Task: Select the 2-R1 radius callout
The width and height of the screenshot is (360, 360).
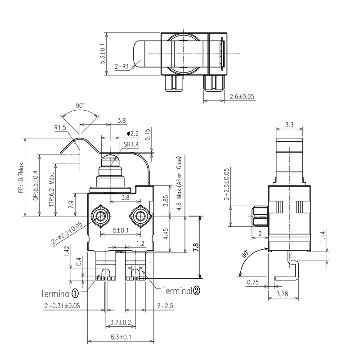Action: click(122, 67)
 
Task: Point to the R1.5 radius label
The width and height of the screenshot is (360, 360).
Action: click(60, 128)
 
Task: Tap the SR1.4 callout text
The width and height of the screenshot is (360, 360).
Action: click(130, 144)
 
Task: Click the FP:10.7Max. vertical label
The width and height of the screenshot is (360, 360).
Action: click(21, 178)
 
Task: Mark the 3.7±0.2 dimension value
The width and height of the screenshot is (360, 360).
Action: click(120, 322)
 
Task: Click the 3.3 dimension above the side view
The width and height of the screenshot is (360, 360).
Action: click(290, 125)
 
